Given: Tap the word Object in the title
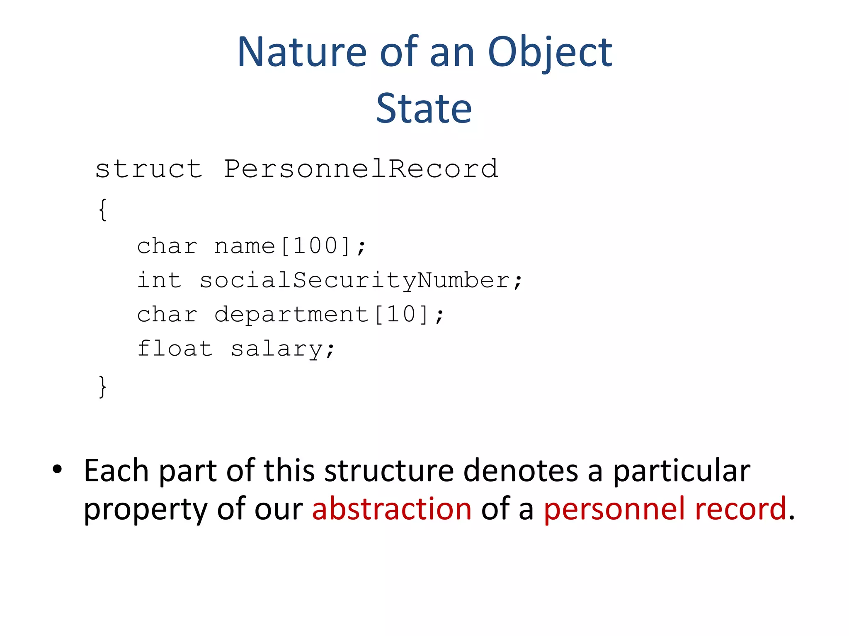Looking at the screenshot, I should pos(550,53).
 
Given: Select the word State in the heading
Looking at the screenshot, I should pos(424,108).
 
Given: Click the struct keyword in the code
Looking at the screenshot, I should pos(149,169).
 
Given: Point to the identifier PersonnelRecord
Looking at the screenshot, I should pos(361,169).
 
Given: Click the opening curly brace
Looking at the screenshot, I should pos(103,210).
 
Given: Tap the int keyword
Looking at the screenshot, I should pos(159,280).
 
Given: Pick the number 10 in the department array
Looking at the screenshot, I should pos(401,314).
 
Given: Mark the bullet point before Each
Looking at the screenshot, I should pos(57,470).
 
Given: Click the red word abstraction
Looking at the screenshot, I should pos(392,508).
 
